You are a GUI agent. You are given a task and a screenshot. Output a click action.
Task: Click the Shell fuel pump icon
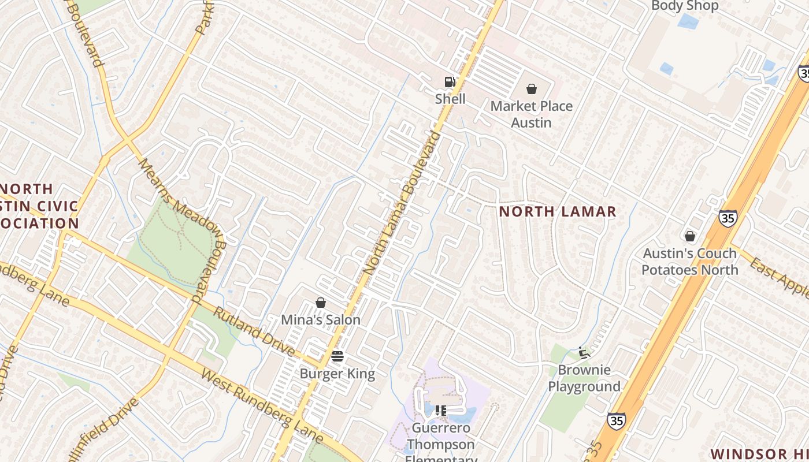[x=450, y=82]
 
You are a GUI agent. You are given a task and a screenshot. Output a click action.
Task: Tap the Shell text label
[x=450, y=99]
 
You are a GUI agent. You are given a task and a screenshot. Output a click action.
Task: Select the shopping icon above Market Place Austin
[x=532, y=89]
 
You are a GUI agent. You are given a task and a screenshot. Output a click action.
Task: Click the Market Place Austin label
[x=532, y=114]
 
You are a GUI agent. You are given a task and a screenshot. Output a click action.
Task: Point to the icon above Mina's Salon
[x=321, y=303]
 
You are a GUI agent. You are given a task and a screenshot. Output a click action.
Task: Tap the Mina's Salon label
[x=321, y=319]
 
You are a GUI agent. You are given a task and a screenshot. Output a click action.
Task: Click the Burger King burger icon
[x=337, y=356]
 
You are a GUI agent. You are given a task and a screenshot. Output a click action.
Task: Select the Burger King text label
[x=337, y=374]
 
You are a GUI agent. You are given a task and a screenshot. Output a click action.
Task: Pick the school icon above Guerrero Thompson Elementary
[x=441, y=411]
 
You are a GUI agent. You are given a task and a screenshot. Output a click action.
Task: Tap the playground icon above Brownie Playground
[x=584, y=352]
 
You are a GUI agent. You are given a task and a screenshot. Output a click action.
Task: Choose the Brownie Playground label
[x=584, y=378]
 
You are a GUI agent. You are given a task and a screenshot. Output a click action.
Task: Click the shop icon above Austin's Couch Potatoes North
[x=689, y=236]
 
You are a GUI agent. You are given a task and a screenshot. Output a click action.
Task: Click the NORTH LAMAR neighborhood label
[x=558, y=211]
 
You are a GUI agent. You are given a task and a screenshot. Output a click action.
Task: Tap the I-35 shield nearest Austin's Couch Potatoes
[x=728, y=218]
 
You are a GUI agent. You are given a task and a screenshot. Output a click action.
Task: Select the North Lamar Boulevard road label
[x=402, y=203]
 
